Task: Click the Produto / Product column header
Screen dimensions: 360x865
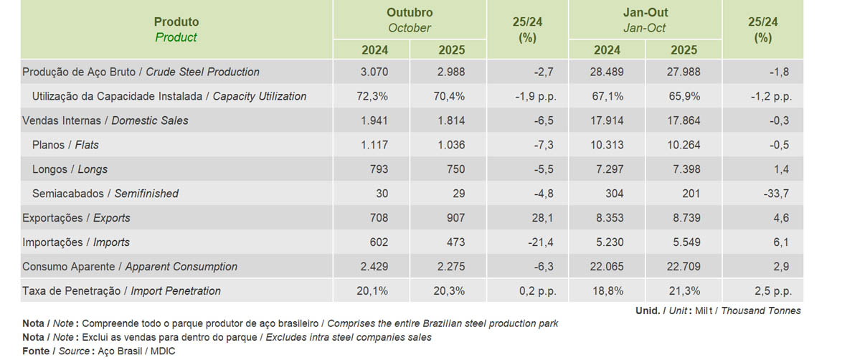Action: [176, 29]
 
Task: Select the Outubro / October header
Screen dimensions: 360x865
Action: [410, 20]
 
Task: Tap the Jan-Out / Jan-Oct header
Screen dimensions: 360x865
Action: [646, 20]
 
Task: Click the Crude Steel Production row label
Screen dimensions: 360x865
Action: [141, 72]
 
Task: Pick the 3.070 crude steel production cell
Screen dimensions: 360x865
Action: [374, 72]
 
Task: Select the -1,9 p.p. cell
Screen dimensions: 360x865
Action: [536, 96]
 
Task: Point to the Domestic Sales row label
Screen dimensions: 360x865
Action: [105, 120]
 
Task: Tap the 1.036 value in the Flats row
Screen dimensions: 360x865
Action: [450, 145]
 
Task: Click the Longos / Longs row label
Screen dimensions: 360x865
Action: [70, 169]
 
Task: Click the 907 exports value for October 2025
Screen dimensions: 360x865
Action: [455, 218]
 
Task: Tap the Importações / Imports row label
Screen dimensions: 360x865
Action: [76, 242]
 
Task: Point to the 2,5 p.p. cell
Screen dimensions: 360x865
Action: [773, 291]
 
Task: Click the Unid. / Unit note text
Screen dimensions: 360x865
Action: [718, 311]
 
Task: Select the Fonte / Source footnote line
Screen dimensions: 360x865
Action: [98, 351]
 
